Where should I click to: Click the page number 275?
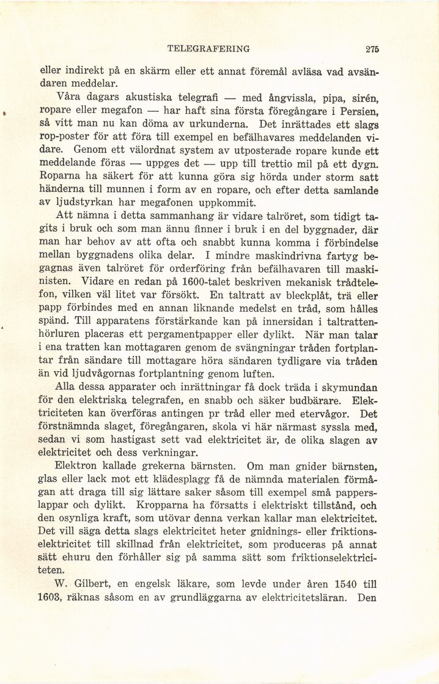pos(371,49)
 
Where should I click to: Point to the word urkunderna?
pos(205,125)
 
